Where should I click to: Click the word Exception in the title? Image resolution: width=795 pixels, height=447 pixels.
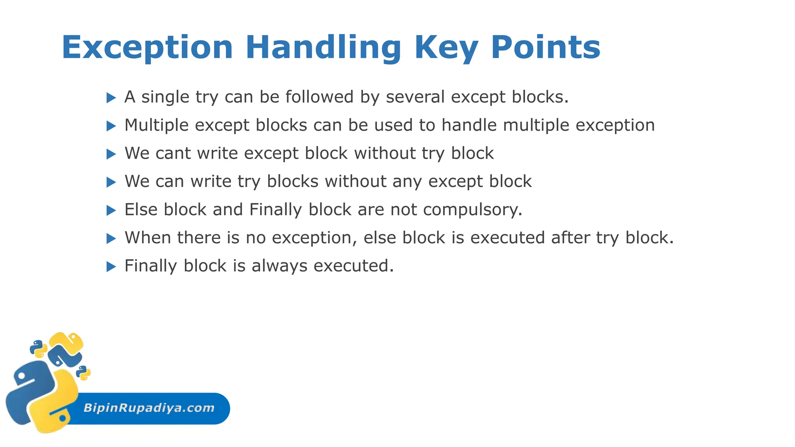point(147,48)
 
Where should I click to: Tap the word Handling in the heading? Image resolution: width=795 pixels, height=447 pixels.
point(323,48)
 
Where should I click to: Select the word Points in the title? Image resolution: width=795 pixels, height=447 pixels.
point(545,48)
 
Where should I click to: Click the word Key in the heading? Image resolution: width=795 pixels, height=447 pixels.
point(446,48)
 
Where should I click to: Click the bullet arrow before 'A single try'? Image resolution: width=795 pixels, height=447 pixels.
point(111,98)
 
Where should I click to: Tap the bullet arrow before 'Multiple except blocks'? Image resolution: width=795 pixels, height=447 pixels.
point(111,126)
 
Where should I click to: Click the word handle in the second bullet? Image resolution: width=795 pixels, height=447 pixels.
point(469,125)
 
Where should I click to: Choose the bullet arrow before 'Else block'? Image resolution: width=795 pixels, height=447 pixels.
point(111,210)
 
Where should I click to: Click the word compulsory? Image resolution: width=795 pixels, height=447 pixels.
point(472,210)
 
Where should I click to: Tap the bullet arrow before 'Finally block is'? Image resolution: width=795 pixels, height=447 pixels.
point(111,267)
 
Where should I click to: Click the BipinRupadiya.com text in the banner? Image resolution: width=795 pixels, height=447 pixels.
point(149,408)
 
